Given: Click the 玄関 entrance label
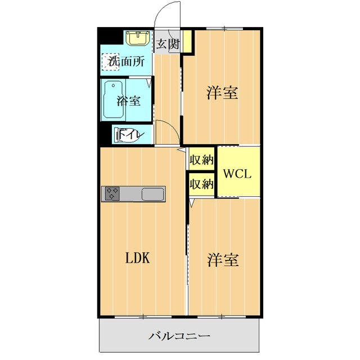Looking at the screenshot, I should [168, 44].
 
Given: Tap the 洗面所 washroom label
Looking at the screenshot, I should [130, 61].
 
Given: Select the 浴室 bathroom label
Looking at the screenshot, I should [128, 101].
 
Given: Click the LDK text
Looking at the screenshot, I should [137, 258].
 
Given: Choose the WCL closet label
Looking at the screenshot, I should [238, 173].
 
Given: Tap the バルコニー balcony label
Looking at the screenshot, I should [179, 336].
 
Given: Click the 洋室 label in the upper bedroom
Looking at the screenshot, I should [222, 93].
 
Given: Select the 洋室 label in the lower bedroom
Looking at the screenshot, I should [223, 260].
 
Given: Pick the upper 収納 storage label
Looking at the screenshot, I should [201, 159].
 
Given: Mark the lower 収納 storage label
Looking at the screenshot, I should [201, 183].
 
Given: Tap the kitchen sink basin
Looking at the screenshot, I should [152, 194].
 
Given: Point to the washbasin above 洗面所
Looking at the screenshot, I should [137, 38].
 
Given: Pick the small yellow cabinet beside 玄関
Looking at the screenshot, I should [187, 41].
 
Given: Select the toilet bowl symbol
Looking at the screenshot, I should [121, 134].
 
